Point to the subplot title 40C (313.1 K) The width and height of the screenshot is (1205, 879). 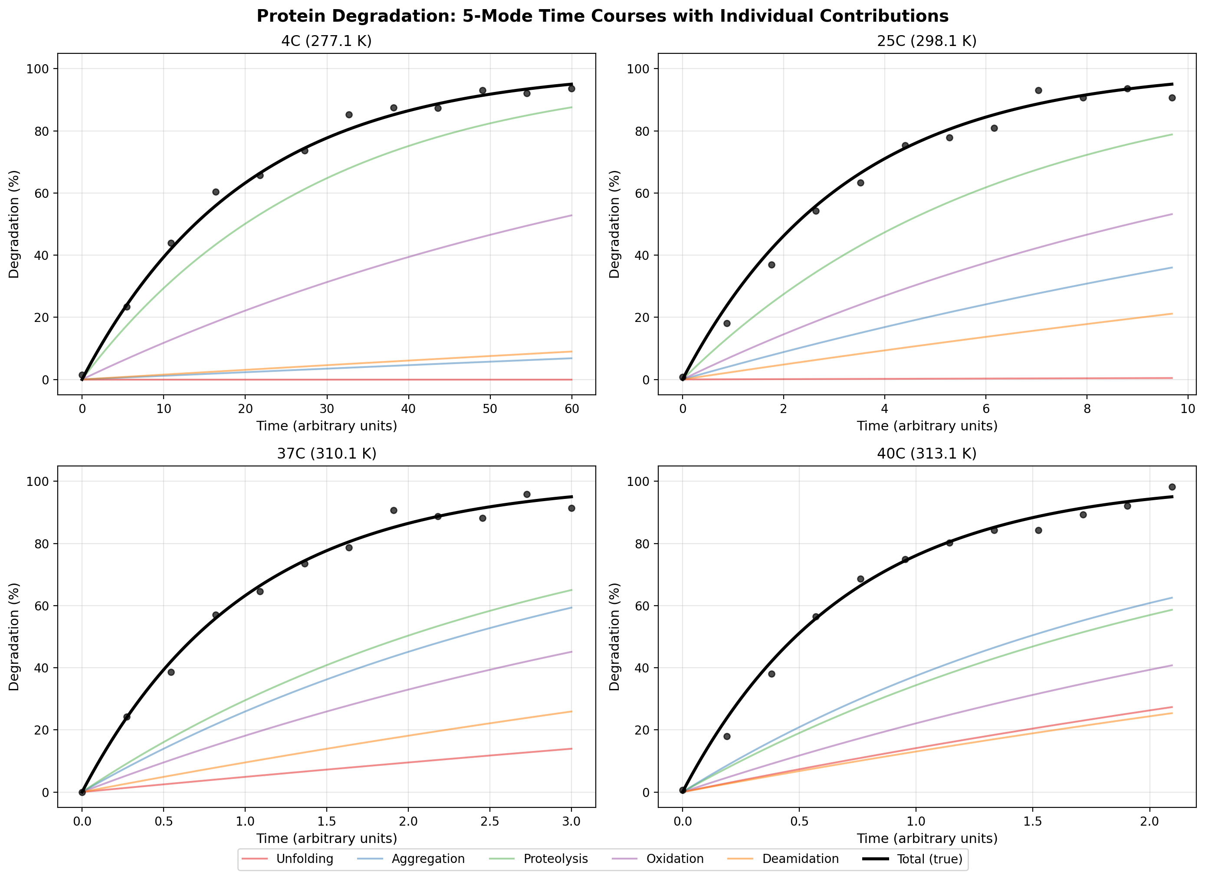927,453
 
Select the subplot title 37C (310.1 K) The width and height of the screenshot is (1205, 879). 326,453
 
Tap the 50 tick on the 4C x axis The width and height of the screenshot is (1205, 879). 490,408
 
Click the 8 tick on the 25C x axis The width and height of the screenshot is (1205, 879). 1087,408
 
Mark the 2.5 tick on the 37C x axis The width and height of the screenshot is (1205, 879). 490,821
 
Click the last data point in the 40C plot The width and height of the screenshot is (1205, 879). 1172,487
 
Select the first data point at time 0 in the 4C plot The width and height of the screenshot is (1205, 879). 82,375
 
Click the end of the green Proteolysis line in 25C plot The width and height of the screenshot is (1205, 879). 1172,134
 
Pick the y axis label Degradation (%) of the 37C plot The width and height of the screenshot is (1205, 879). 14,636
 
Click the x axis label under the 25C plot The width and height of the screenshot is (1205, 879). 927,426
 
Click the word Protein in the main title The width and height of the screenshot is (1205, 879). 290,16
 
